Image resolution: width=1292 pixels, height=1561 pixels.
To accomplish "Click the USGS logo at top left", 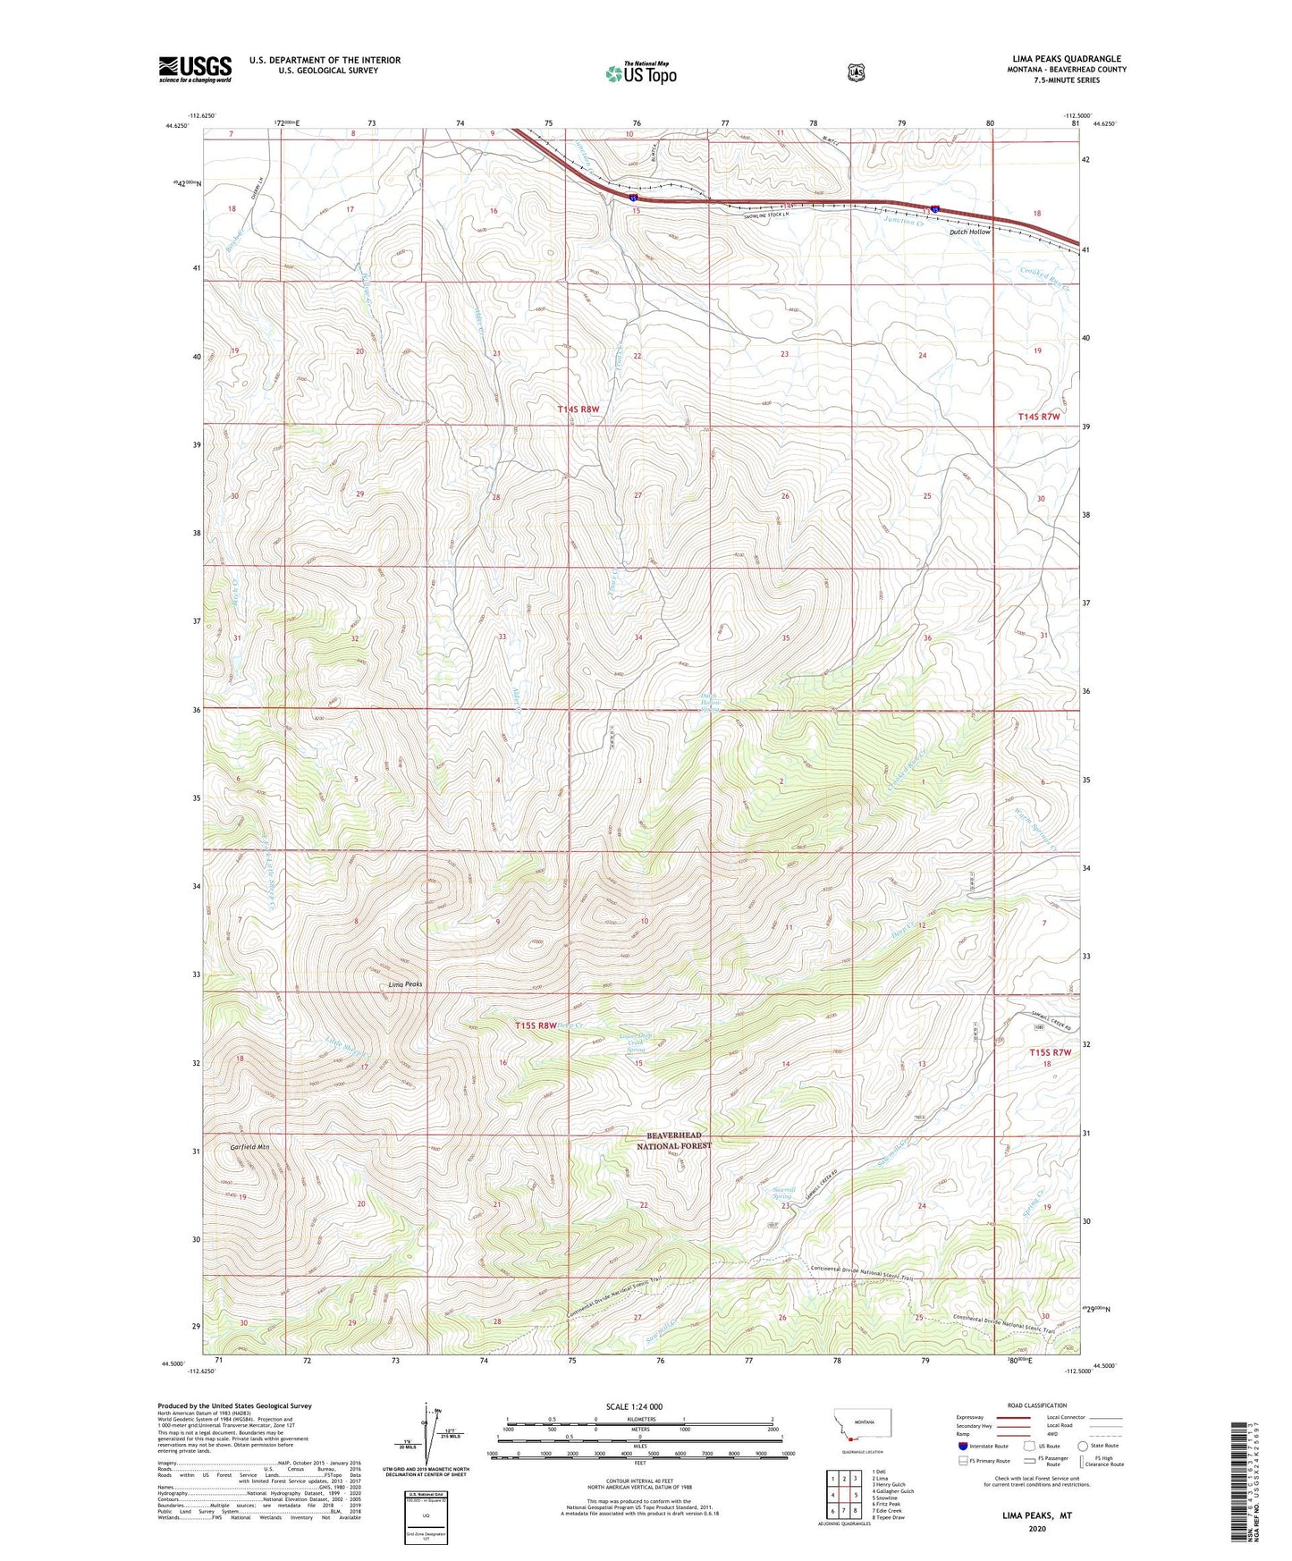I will click(195, 69).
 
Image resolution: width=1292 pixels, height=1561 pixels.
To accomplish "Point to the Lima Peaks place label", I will click(405, 984).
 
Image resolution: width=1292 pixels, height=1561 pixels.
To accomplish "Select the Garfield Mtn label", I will click(249, 1146).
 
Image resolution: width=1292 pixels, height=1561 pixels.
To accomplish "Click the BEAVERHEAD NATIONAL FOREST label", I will click(675, 1140).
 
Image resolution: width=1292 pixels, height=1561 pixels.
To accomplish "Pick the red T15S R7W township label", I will click(1048, 1052).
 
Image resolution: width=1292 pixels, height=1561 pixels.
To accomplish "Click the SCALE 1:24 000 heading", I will click(634, 1406).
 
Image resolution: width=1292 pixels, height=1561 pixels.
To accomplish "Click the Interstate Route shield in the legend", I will click(962, 1445).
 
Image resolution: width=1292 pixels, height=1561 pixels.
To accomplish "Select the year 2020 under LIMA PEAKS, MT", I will click(1037, 1528).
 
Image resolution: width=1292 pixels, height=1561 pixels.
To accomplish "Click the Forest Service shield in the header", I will click(856, 72).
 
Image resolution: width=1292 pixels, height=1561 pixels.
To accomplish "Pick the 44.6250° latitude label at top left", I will click(176, 125).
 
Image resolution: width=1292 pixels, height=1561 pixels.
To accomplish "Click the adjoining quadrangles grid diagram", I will click(843, 1493).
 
